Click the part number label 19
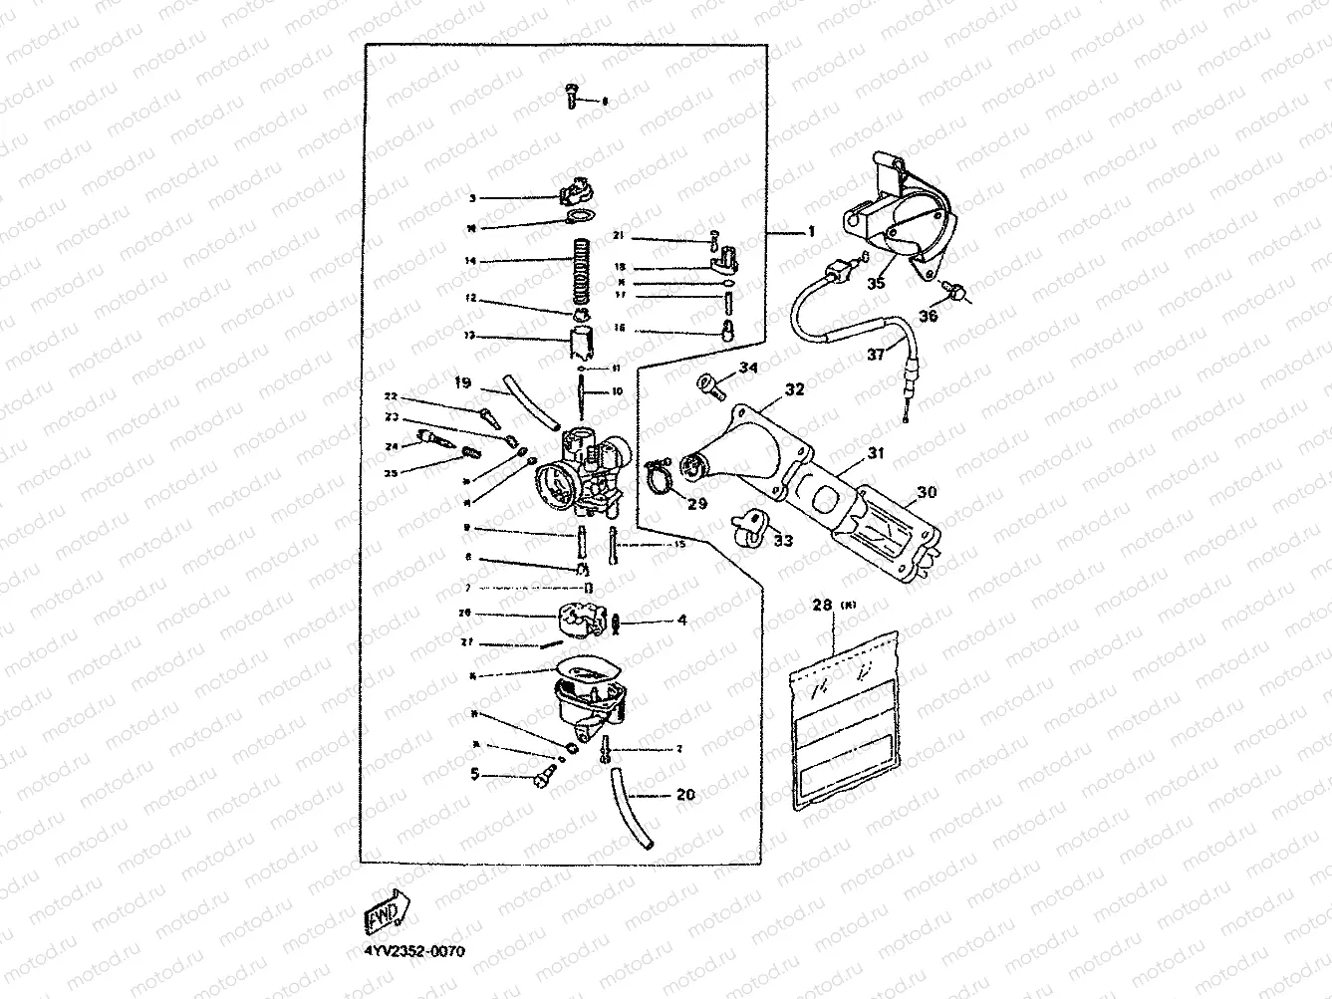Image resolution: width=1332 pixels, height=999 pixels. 462,381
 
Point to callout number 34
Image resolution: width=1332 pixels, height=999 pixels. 748,369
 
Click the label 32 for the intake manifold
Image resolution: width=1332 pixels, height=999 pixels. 794,389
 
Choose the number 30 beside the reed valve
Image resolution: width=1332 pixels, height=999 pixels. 927,492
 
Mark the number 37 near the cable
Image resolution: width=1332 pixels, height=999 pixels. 875,354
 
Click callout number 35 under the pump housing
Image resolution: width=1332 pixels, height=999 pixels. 876,283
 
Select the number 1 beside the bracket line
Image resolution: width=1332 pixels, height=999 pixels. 811,231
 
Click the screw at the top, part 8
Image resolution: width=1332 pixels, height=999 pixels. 571,94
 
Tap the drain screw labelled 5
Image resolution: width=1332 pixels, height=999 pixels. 544,778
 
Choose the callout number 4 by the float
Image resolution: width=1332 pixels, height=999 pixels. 682,620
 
